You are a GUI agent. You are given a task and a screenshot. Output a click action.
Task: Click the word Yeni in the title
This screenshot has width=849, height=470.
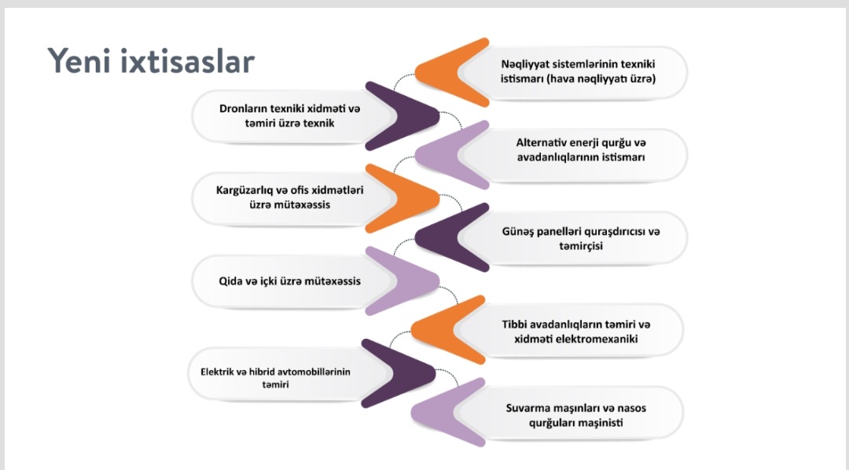point(78,60)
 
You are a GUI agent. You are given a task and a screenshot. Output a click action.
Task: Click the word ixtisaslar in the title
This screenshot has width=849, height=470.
point(187,60)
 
